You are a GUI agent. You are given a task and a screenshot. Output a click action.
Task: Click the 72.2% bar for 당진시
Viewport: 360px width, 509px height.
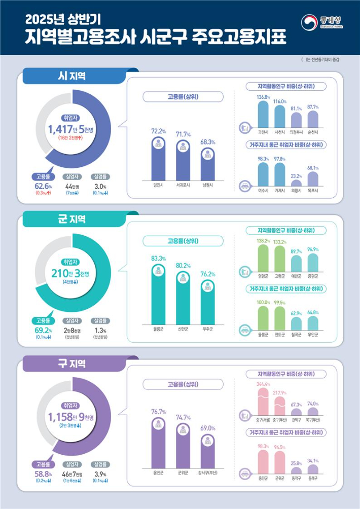(159, 158)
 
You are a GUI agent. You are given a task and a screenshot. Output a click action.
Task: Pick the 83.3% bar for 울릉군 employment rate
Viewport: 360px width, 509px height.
(159, 294)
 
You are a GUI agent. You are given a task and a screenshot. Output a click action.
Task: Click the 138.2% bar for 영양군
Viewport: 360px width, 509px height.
(263, 259)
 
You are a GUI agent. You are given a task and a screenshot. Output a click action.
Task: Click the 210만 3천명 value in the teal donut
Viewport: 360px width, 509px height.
(71, 274)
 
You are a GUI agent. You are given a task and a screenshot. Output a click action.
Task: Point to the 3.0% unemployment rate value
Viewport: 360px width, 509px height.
(99, 186)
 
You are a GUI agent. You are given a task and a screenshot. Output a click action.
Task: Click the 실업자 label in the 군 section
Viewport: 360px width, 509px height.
(71, 320)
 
